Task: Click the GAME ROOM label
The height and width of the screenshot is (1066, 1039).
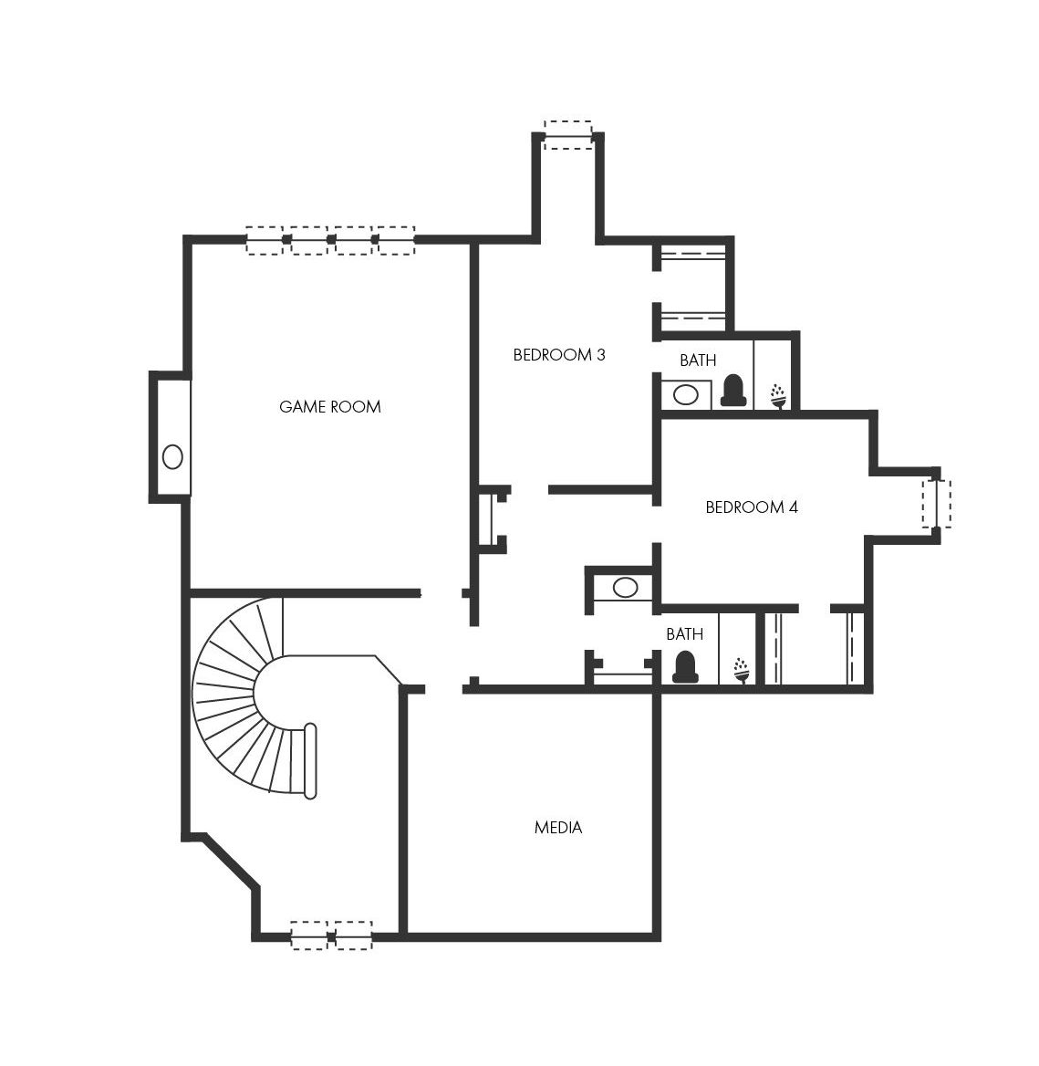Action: click(x=329, y=406)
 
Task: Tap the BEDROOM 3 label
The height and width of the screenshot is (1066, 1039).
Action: click(x=558, y=354)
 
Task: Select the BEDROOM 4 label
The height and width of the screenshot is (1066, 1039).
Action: click(x=752, y=507)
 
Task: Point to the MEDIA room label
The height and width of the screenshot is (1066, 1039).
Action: click(x=558, y=828)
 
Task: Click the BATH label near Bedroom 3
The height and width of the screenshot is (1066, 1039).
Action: click(x=698, y=360)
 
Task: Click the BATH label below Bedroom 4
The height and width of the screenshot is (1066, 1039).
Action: click(x=684, y=633)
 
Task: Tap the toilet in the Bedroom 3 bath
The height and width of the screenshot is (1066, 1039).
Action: click(x=733, y=391)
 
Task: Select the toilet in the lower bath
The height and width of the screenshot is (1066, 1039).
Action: click(x=685, y=666)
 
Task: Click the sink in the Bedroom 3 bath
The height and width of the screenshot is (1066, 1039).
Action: click(x=686, y=394)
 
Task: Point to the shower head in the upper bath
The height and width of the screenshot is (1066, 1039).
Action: click(x=779, y=396)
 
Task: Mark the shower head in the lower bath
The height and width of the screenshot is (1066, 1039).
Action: click(x=742, y=670)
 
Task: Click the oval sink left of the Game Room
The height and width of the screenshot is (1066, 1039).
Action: click(x=172, y=456)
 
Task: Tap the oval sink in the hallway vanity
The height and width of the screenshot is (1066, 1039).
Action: click(x=625, y=588)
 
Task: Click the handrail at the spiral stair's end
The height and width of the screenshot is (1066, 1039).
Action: click(x=310, y=761)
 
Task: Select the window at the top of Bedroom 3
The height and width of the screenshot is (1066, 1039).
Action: click(x=569, y=134)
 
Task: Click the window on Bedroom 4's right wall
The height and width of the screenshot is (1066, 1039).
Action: click(x=937, y=504)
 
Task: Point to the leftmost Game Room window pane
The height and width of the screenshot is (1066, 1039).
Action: click(x=265, y=241)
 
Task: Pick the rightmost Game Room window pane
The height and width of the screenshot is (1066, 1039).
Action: click(x=396, y=241)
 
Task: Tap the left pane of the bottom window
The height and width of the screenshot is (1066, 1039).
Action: click(x=309, y=935)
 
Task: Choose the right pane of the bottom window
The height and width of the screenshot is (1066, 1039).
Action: click(x=353, y=935)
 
